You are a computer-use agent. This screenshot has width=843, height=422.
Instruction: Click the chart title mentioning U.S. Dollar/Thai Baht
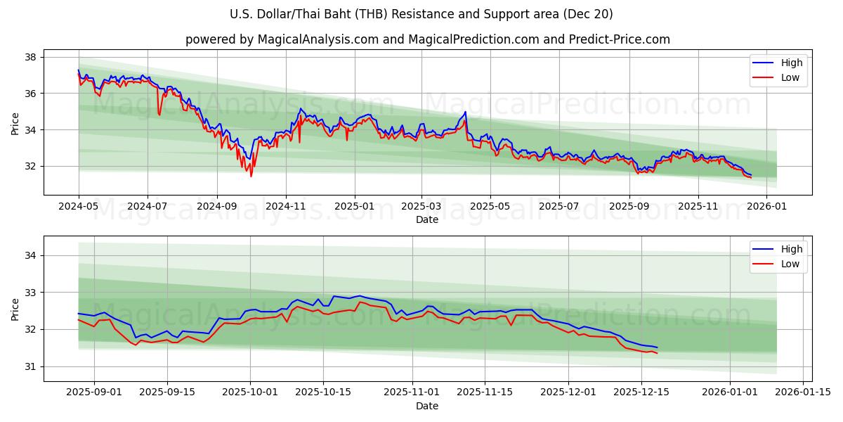pyautogui.click(x=421, y=14)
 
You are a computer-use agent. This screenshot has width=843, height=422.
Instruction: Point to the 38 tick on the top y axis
pyautogui.click(x=32, y=56)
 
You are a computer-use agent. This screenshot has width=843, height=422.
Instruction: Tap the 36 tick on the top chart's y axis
pyautogui.click(x=32, y=93)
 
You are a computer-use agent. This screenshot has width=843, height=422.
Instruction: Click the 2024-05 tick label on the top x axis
pyautogui.click(x=79, y=207)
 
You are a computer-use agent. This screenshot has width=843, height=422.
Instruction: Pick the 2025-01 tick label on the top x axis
pyautogui.click(x=354, y=207)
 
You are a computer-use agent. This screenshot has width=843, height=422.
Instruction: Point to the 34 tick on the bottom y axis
pyautogui.click(x=32, y=255)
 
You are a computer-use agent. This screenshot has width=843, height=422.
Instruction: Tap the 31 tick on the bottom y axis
pyautogui.click(x=32, y=366)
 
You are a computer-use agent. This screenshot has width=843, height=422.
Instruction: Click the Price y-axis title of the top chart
pyautogui.click(x=15, y=124)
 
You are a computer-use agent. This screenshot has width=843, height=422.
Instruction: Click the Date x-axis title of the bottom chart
pyautogui.click(x=427, y=406)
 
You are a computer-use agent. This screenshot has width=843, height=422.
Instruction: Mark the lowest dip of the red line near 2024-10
pyautogui.click(x=251, y=176)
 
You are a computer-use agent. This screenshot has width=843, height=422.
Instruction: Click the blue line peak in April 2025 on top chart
pyautogui.click(x=465, y=112)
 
